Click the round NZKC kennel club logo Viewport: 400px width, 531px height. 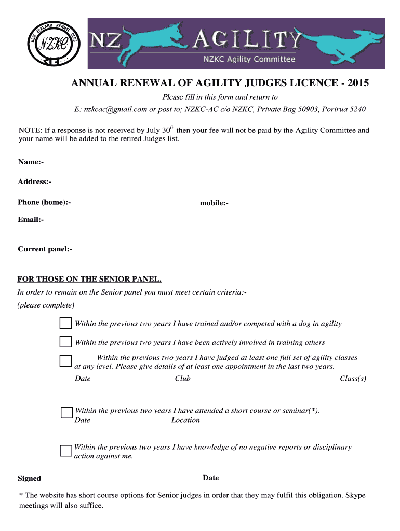(x=52, y=43)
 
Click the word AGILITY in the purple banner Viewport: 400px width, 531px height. (x=248, y=39)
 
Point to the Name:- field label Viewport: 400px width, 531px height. (x=31, y=162)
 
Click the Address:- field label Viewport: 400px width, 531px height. (x=34, y=181)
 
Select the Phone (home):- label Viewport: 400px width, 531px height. (x=44, y=202)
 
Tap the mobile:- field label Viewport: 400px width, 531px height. (x=214, y=203)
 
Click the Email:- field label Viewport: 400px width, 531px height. (x=31, y=220)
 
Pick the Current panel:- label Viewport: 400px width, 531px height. (x=45, y=249)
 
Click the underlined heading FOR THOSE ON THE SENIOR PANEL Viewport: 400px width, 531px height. (x=89, y=280)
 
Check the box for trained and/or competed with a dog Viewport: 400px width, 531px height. (x=65, y=324)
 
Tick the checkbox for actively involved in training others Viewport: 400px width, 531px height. (x=65, y=342)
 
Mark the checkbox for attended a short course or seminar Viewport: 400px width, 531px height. (x=66, y=413)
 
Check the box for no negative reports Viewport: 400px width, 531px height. (x=65, y=450)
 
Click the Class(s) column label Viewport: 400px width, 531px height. (x=353, y=379)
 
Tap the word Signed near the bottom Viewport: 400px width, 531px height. (x=29, y=478)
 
